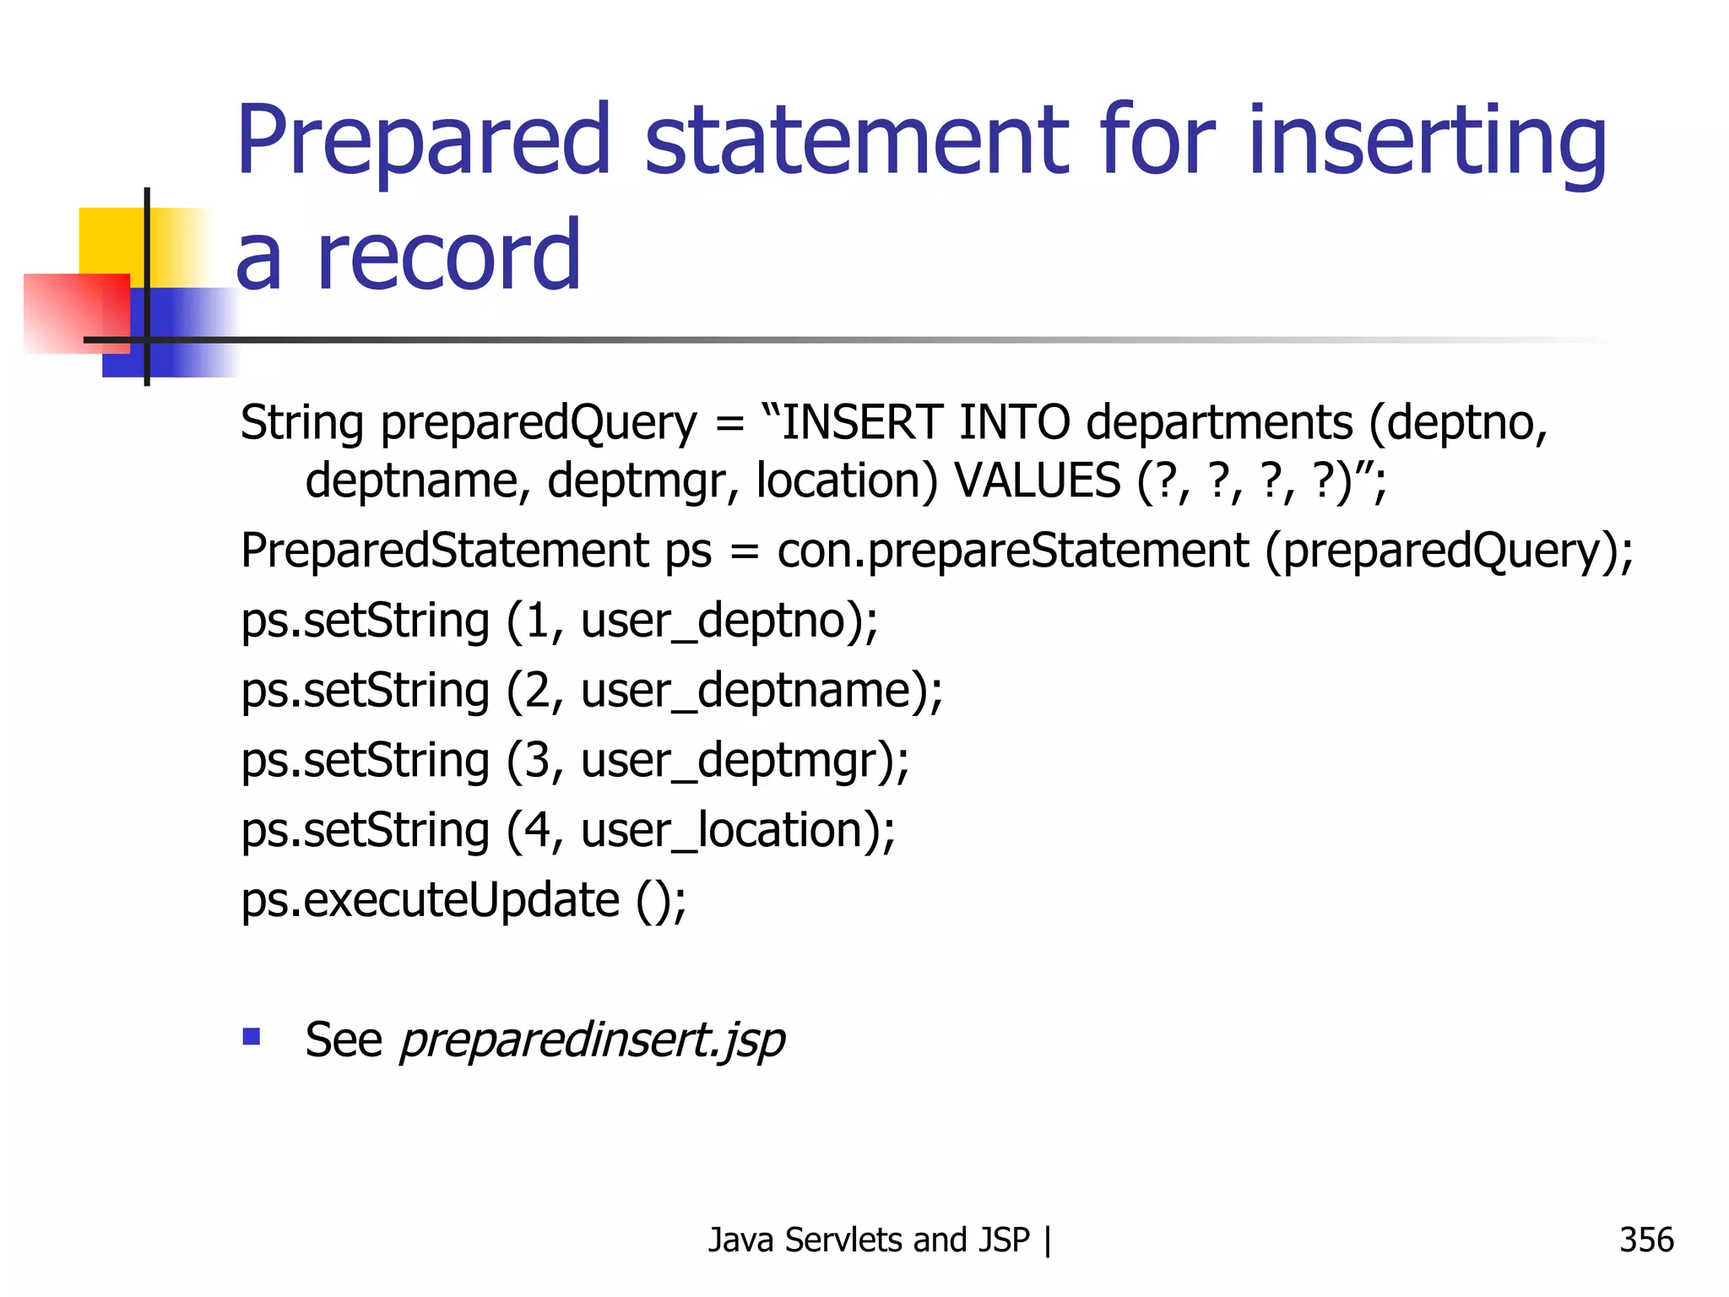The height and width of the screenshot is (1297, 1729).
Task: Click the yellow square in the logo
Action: [110, 241]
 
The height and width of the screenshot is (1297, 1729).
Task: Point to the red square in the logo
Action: [76, 312]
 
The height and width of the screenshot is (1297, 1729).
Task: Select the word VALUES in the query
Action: [1038, 480]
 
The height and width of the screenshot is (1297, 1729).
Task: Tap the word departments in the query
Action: [1219, 422]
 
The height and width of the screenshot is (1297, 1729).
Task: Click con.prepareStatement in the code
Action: [1012, 551]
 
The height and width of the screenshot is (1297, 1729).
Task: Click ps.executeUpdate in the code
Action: [431, 900]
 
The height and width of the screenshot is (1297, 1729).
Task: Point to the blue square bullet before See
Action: [251, 1036]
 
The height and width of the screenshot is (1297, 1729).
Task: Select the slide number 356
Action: [1645, 1240]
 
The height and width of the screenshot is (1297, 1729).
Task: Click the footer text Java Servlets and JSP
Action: [869, 1240]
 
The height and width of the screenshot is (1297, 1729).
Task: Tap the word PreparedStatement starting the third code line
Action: [444, 551]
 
